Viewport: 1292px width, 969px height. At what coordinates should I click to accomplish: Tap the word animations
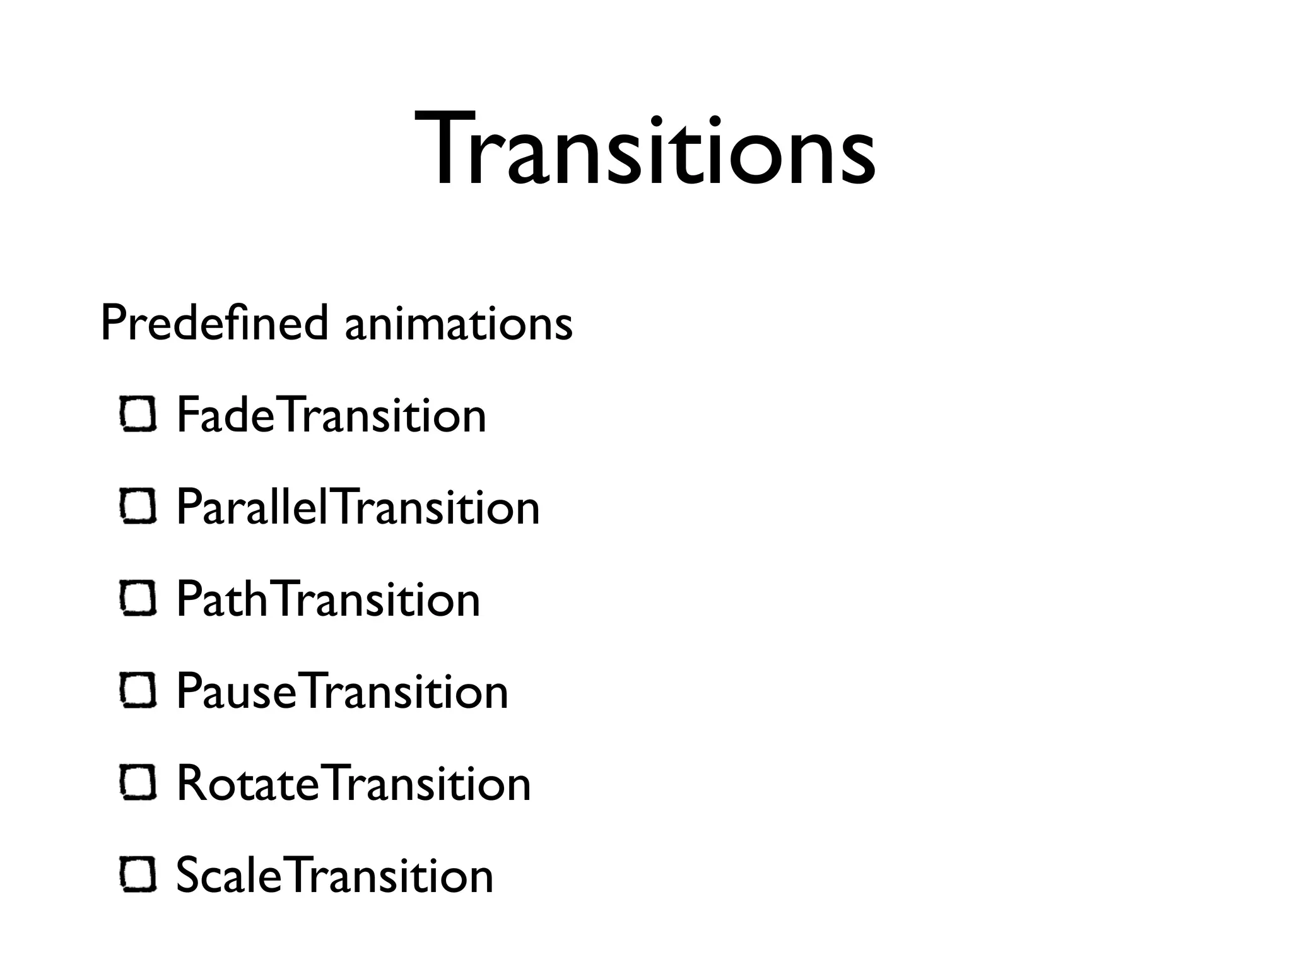coord(459,324)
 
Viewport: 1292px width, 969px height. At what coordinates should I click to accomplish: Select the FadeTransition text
coord(331,415)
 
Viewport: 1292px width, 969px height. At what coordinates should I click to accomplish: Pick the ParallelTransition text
coord(358,507)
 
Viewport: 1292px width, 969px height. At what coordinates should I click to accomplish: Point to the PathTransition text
coord(328,599)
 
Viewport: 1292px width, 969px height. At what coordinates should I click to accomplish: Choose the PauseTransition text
coord(342,691)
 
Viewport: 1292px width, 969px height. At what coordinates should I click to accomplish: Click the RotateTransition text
coord(353,784)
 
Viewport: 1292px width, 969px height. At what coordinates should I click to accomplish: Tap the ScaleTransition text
coord(334,876)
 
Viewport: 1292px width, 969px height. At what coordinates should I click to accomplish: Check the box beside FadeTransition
coord(138,414)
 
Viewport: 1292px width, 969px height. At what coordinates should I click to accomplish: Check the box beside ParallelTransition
coord(138,507)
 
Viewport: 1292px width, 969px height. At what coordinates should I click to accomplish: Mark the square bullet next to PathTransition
coord(138,599)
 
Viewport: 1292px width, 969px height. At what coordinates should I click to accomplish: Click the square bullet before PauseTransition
coord(138,691)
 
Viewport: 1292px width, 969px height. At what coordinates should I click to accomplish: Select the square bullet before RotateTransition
coord(138,783)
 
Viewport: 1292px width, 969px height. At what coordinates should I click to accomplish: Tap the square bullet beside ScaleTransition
coord(138,875)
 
